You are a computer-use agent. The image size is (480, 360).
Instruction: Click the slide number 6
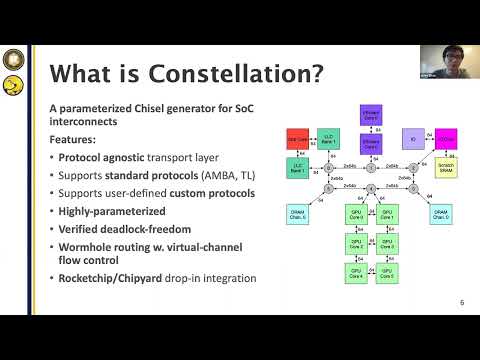[461, 302]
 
